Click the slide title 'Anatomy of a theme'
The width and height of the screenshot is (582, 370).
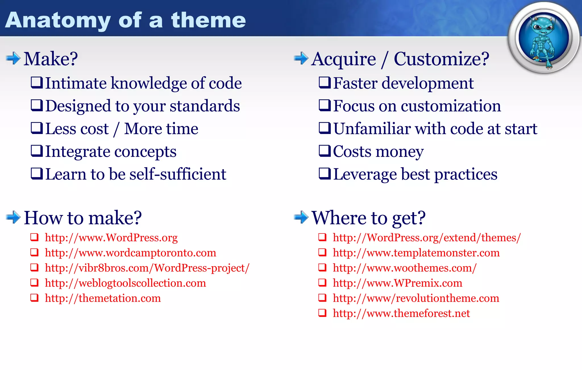coord(125,20)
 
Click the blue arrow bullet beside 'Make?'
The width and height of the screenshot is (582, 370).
coord(13,59)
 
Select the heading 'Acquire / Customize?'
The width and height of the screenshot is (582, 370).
coord(400,59)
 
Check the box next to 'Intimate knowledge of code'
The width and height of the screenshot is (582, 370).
coord(37,83)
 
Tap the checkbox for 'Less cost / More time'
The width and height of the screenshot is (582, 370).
coord(37,128)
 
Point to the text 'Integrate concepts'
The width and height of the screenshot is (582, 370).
coord(111,152)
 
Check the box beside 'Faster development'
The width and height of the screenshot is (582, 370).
coord(325,83)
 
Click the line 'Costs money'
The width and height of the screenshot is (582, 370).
coord(378,152)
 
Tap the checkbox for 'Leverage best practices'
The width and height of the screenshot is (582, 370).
coord(325,174)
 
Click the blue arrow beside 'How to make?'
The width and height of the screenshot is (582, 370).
coord(13,218)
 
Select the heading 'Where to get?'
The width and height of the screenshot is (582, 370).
coord(368,218)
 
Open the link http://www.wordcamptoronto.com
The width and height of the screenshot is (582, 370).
coord(130,253)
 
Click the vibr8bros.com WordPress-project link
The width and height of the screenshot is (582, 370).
coord(147,268)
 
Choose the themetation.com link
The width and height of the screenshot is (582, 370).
coord(103,298)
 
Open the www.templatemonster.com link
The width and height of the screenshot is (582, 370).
coord(416,253)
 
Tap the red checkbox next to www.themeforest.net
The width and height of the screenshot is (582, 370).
coord(322,313)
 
